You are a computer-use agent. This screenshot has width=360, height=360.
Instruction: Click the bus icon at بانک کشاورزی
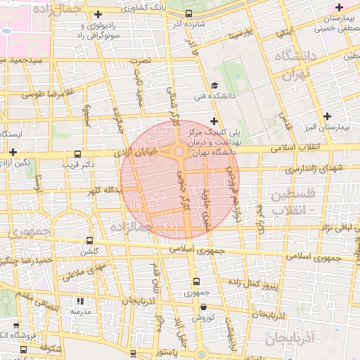click(x=134, y=3)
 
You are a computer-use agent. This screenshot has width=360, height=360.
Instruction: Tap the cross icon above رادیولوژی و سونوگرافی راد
click(x=98, y=14)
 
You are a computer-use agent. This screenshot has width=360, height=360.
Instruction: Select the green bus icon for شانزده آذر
click(x=188, y=13)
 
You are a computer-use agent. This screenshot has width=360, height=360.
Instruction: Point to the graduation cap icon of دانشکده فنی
click(x=214, y=86)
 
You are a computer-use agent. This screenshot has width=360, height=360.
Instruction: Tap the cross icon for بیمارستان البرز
click(x=326, y=116)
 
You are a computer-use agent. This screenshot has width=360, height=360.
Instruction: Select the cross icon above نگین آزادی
click(x=13, y=152)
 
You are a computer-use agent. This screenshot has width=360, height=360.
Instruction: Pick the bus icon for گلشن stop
click(x=89, y=240)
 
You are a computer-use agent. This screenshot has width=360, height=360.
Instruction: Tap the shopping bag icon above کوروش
click(x=203, y=307)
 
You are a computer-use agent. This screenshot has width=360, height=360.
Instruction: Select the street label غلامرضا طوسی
click(x=48, y=93)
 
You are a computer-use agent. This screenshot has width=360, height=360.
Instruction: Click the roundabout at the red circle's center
click(x=179, y=151)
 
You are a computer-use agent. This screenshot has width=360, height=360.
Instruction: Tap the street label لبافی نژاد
click(x=335, y=228)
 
